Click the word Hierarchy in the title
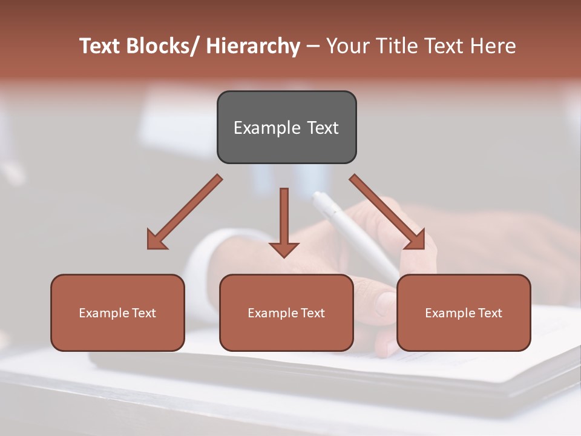point(253,46)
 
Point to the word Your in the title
point(347,46)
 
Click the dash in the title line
point(313,47)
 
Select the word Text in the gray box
point(322,128)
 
